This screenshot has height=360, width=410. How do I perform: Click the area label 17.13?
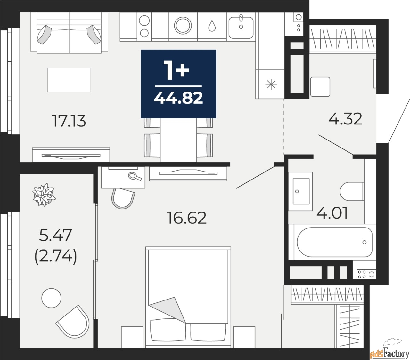[x=69, y=121]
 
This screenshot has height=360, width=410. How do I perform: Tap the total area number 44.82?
[x=178, y=98]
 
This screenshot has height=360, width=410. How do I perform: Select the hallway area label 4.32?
[x=345, y=119]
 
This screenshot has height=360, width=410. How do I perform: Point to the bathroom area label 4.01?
[x=332, y=213]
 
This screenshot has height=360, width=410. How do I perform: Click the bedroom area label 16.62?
[x=187, y=218]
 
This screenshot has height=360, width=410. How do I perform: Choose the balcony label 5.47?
[x=55, y=236]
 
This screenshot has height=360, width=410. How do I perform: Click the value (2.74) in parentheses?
[x=55, y=256]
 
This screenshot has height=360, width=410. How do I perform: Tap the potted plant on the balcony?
[x=44, y=195]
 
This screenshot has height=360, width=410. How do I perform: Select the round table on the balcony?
[x=51, y=298]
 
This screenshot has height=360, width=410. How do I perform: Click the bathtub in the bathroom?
[x=334, y=242]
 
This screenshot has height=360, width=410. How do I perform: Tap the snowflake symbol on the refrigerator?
[x=271, y=84]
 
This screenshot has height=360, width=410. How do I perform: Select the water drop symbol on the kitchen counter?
[x=212, y=26]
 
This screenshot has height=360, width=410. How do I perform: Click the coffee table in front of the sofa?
[x=69, y=80]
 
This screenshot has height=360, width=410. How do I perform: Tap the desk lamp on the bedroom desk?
[x=135, y=176]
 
